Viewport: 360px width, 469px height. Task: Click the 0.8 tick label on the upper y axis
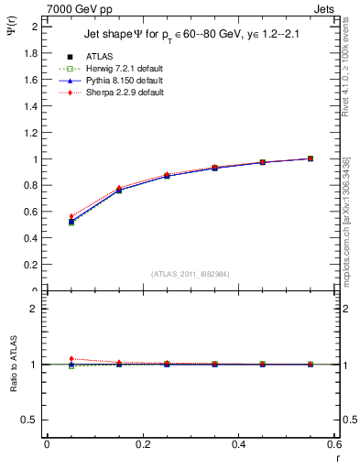(x=32, y=186)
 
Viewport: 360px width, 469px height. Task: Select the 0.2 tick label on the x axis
(x=142, y=445)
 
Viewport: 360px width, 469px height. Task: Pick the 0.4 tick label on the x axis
(x=238, y=445)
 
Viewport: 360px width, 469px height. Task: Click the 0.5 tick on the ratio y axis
(x=31, y=420)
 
